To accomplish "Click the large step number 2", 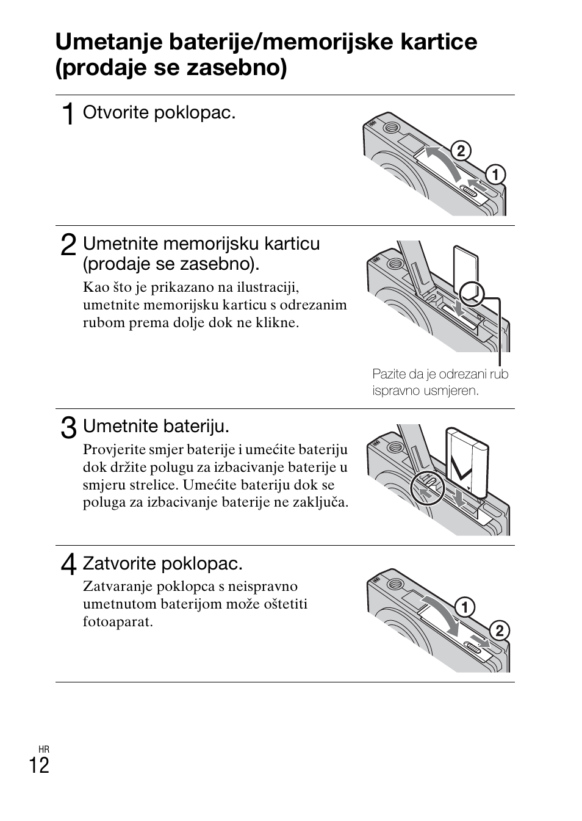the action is click(x=69, y=245).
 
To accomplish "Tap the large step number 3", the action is click(x=69, y=427).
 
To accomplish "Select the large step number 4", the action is click(x=69, y=564).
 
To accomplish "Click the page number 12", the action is click(x=39, y=765).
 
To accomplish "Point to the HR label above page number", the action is click(x=43, y=749).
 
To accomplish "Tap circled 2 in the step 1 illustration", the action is click(x=461, y=151).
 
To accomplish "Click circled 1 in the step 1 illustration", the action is click(x=495, y=175).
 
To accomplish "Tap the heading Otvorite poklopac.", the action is click(x=159, y=113).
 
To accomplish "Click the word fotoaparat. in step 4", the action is click(x=118, y=622).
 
